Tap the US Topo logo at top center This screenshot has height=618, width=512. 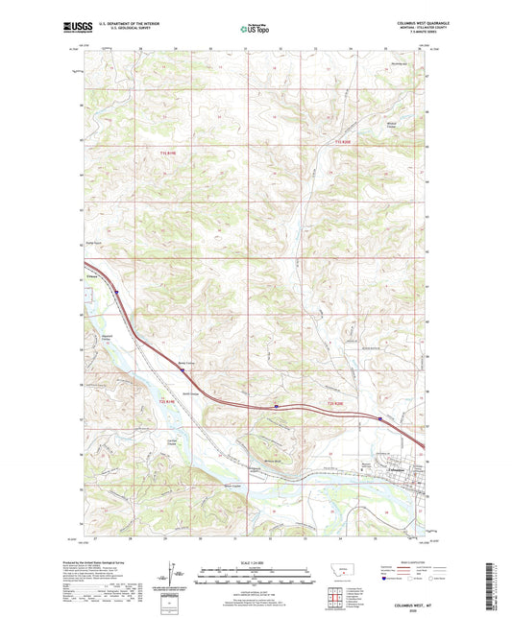(x=255, y=29)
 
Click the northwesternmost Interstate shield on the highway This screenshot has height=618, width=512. (x=116, y=293)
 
